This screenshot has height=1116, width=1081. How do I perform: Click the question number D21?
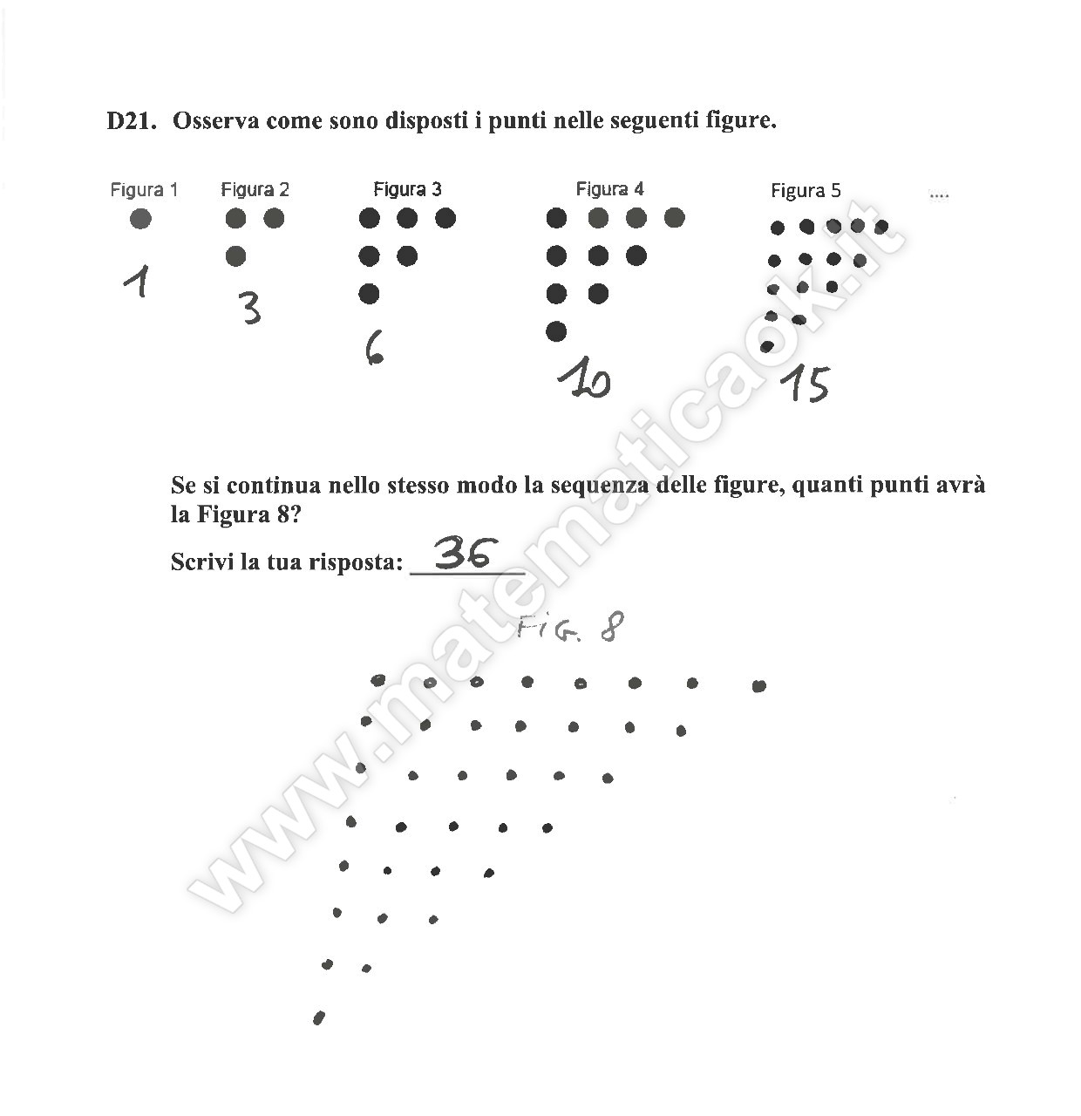point(132,121)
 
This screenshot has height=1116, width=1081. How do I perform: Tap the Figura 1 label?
point(144,190)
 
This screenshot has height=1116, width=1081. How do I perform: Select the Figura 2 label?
point(255,189)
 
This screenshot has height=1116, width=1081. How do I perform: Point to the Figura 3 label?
point(407,188)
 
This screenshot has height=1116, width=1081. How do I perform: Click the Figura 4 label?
point(609,188)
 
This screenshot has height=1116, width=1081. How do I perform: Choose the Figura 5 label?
point(806,190)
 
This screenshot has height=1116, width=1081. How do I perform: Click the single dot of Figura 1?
point(140,219)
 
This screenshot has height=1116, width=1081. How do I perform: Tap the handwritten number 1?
point(137,281)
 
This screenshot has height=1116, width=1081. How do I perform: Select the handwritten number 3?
point(250,308)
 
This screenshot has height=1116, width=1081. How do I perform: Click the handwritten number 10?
point(584,378)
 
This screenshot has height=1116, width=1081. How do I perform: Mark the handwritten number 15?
point(805,384)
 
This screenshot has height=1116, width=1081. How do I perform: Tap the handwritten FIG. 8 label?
point(569,626)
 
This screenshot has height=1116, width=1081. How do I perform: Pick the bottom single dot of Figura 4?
point(556,331)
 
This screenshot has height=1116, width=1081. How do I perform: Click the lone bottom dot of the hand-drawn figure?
point(319,1017)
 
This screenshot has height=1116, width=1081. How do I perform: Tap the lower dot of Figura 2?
point(235,256)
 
